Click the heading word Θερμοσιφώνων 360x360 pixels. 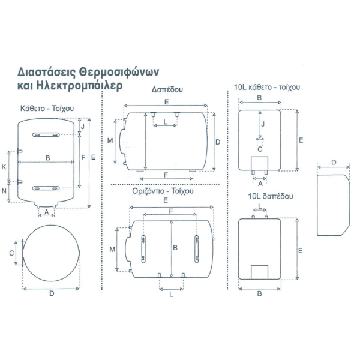(119, 73)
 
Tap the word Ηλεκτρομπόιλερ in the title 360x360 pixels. (79, 86)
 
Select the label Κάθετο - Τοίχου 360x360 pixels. (47, 108)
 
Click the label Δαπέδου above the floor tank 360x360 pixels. (167, 89)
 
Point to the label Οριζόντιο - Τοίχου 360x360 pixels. (163, 191)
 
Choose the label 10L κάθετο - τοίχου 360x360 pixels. (267, 87)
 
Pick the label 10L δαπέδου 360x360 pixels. (271, 196)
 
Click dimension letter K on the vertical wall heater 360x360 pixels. (4, 167)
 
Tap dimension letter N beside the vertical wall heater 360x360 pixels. (4, 191)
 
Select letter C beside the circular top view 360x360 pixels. (11, 253)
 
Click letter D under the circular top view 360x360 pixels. (52, 293)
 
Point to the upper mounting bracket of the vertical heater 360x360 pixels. (46, 135)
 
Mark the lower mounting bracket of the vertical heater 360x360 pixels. (46, 188)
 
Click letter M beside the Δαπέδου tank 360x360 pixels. (110, 140)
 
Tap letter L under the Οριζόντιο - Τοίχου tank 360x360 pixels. (171, 295)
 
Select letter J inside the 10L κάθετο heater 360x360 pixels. (263, 124)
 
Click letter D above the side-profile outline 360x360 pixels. (334, 163)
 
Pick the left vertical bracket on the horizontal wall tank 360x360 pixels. (143, 249)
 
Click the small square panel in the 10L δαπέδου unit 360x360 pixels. (259, 272)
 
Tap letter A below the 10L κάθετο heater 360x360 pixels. (260, 184)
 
